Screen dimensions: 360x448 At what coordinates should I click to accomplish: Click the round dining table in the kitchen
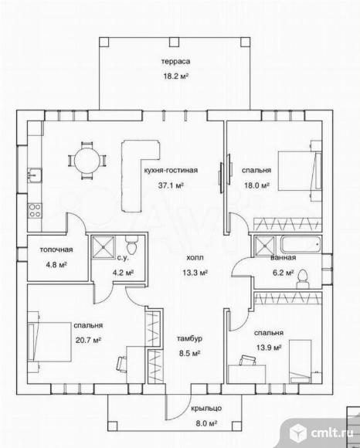point(87,161)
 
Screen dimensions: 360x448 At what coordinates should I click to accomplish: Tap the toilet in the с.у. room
point(131,245)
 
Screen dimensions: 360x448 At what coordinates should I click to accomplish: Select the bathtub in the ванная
point(301,245)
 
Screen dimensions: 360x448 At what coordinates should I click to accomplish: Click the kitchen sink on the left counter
point(35,175)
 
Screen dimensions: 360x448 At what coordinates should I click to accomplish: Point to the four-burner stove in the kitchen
point(35,210)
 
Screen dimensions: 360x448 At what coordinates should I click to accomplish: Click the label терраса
point(175,62)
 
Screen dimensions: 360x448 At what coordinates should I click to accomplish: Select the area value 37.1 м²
point(171,185)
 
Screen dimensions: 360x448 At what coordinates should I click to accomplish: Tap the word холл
point(195,257)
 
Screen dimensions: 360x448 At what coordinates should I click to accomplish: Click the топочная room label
point(56,249)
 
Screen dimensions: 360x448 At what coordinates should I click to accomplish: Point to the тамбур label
point(189,338)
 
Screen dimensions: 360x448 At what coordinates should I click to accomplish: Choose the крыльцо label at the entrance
point(206,409)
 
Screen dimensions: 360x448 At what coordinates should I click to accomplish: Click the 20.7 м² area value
point(89,341)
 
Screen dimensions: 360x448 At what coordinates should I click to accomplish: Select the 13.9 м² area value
point(269,348)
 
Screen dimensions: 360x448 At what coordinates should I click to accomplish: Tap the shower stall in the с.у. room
point(104,247)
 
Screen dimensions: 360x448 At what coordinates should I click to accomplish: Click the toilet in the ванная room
point(303,279)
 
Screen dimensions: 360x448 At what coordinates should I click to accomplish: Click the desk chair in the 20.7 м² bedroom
point(122,364)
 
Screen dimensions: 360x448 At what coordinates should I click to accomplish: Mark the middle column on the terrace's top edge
point(174,42)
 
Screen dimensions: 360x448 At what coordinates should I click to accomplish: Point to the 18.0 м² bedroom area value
point(256,185)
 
